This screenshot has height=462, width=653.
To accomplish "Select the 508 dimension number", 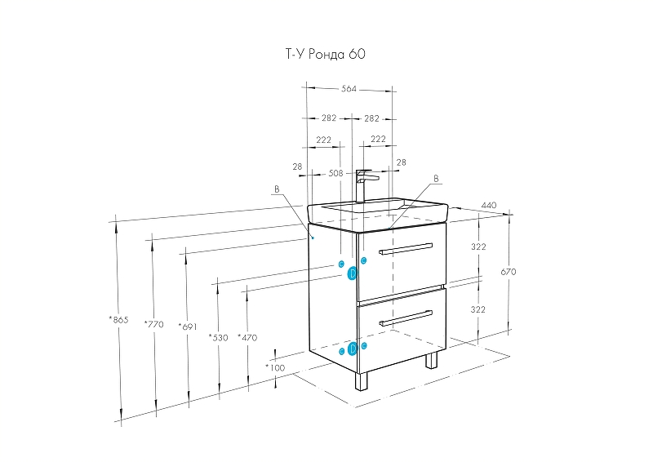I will click(x=335, y=173).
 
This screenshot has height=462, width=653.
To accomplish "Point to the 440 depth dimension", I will click(x=489, y=205).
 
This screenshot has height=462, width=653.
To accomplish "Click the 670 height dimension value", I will click(x=508, y=271).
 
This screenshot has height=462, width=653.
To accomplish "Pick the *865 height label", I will click(x=119, y=319).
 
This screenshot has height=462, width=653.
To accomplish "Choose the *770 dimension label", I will click(x=153, y=324).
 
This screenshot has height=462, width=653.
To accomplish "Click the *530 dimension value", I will click(x=218, y=336).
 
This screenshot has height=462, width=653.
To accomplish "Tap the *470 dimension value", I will click(x=247, y=336).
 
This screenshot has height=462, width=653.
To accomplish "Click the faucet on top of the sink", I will click(x=364, y=184).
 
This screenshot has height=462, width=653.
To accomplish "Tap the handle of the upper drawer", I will click(x=406, y=249).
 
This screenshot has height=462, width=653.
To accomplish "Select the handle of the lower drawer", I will click(x=406, y=318).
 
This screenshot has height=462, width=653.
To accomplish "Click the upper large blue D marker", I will click(x=353, y=273).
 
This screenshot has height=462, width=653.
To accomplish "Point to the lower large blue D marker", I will click(x=353, y=349).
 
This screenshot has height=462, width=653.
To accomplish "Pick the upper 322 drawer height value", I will click(x=478, y=247).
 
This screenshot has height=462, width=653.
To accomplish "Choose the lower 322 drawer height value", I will click(x=478, y=309).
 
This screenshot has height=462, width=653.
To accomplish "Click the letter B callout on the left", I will click(x=276, y=189).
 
